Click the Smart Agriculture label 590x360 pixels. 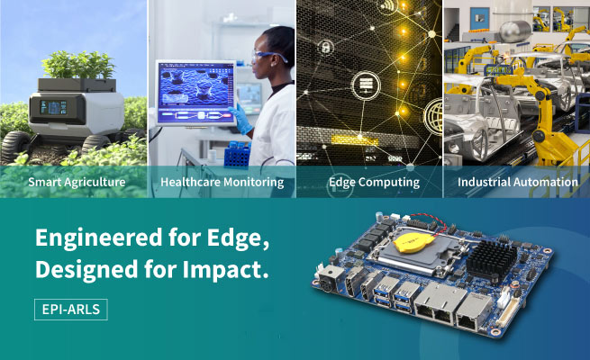pyautogui.click(x=77, y=183)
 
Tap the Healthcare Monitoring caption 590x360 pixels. pyautogui.click(x=222, y=183)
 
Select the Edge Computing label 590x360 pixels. pyautogui.click(x=374, y=183)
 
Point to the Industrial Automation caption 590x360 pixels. pyautogui.click(x=518, y=183)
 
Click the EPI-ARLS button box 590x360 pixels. pyautogui.click(x=71, y=310)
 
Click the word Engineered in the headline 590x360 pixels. pyautogui.click(x=98, y=238)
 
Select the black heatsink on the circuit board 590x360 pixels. pyautogui.click(x=491, y=258)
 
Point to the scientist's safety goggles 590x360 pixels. pyautogui.click(x=268, y=57)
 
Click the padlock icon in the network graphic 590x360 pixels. pyautogui.click(x=326, y=48)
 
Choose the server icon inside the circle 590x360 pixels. pyautogui.click(x=366, y=85)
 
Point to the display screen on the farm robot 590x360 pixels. pyautogui.click(x=53, y=107)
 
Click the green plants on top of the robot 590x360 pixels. pyautogui.click(x=78, y=65)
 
